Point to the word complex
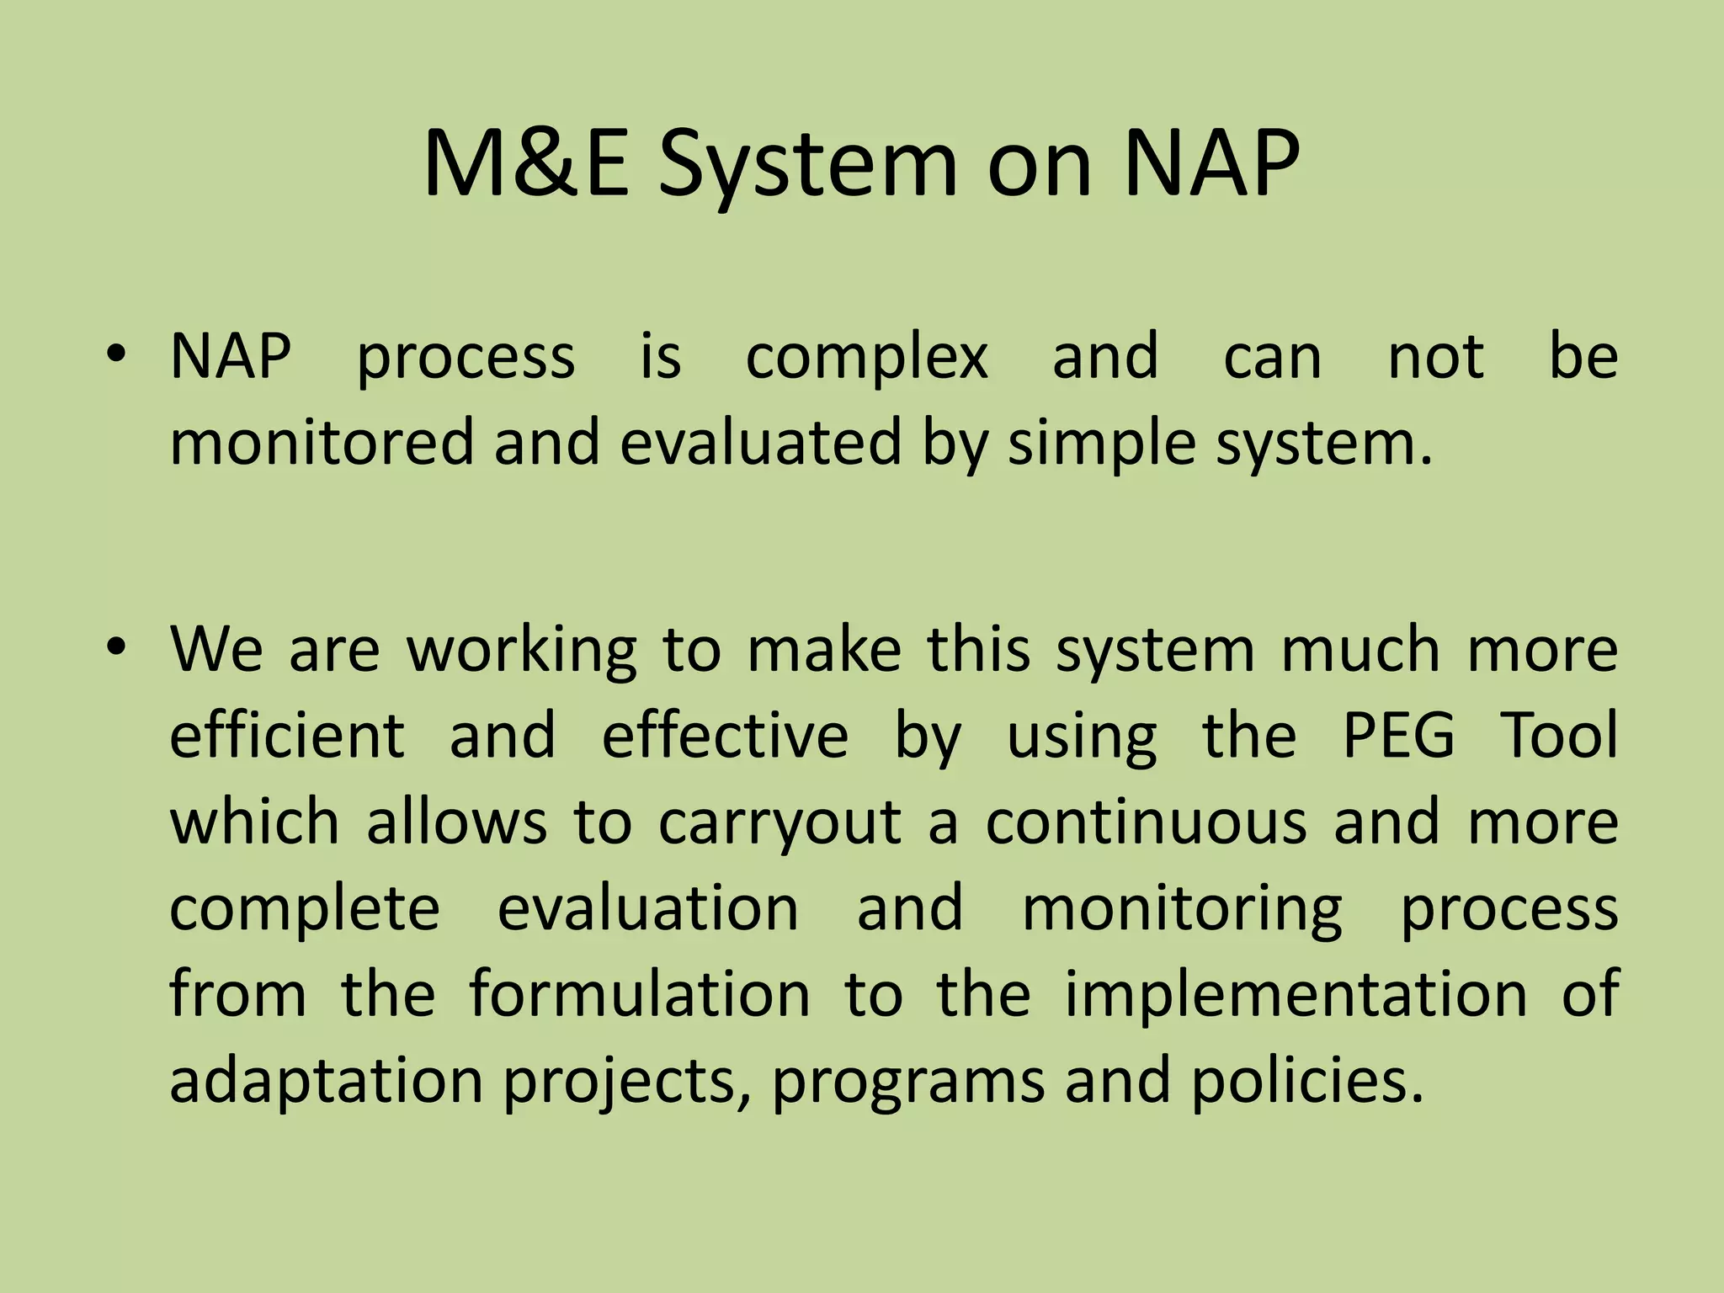pos(866,357)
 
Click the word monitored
pos(322,443)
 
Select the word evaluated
pos(760,443)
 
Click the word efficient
pos(287,736)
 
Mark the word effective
pos(725,736)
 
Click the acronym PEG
pos(1398,736)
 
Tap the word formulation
pos(639,993)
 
